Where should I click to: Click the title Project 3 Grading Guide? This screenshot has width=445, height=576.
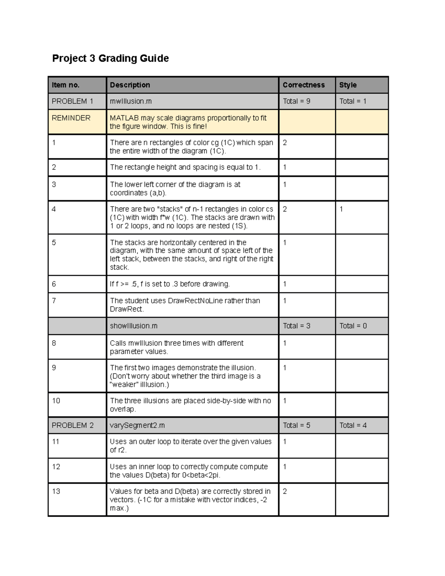[111, 59]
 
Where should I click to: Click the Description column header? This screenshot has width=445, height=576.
[130, 85]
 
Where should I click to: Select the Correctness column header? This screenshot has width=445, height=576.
[303, 85]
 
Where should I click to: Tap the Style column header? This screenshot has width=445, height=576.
[348, 85]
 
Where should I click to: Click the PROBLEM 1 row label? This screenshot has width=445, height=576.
[72, 101]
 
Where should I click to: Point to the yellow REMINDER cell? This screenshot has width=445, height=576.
[71, 118]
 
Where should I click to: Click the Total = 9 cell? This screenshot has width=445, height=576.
[296, 101]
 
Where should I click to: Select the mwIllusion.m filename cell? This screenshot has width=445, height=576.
[131, 101]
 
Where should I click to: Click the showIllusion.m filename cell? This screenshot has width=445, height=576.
[133, 326]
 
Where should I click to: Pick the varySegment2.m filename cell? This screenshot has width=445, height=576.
[137, 425]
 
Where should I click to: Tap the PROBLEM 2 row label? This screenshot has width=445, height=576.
[73, 425]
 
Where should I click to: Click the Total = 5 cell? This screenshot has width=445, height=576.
[296, 425]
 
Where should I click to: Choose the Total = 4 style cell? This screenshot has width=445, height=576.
[353, 425]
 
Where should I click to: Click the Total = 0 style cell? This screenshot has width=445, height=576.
[353, 326]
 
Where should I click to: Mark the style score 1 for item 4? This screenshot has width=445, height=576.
[341, 209]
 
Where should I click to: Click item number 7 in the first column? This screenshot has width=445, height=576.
[54, 301]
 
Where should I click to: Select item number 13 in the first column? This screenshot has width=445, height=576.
[56, 491]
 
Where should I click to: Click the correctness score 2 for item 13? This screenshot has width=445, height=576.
[285, 491]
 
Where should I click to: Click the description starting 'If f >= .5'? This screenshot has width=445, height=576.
[170, 284]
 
